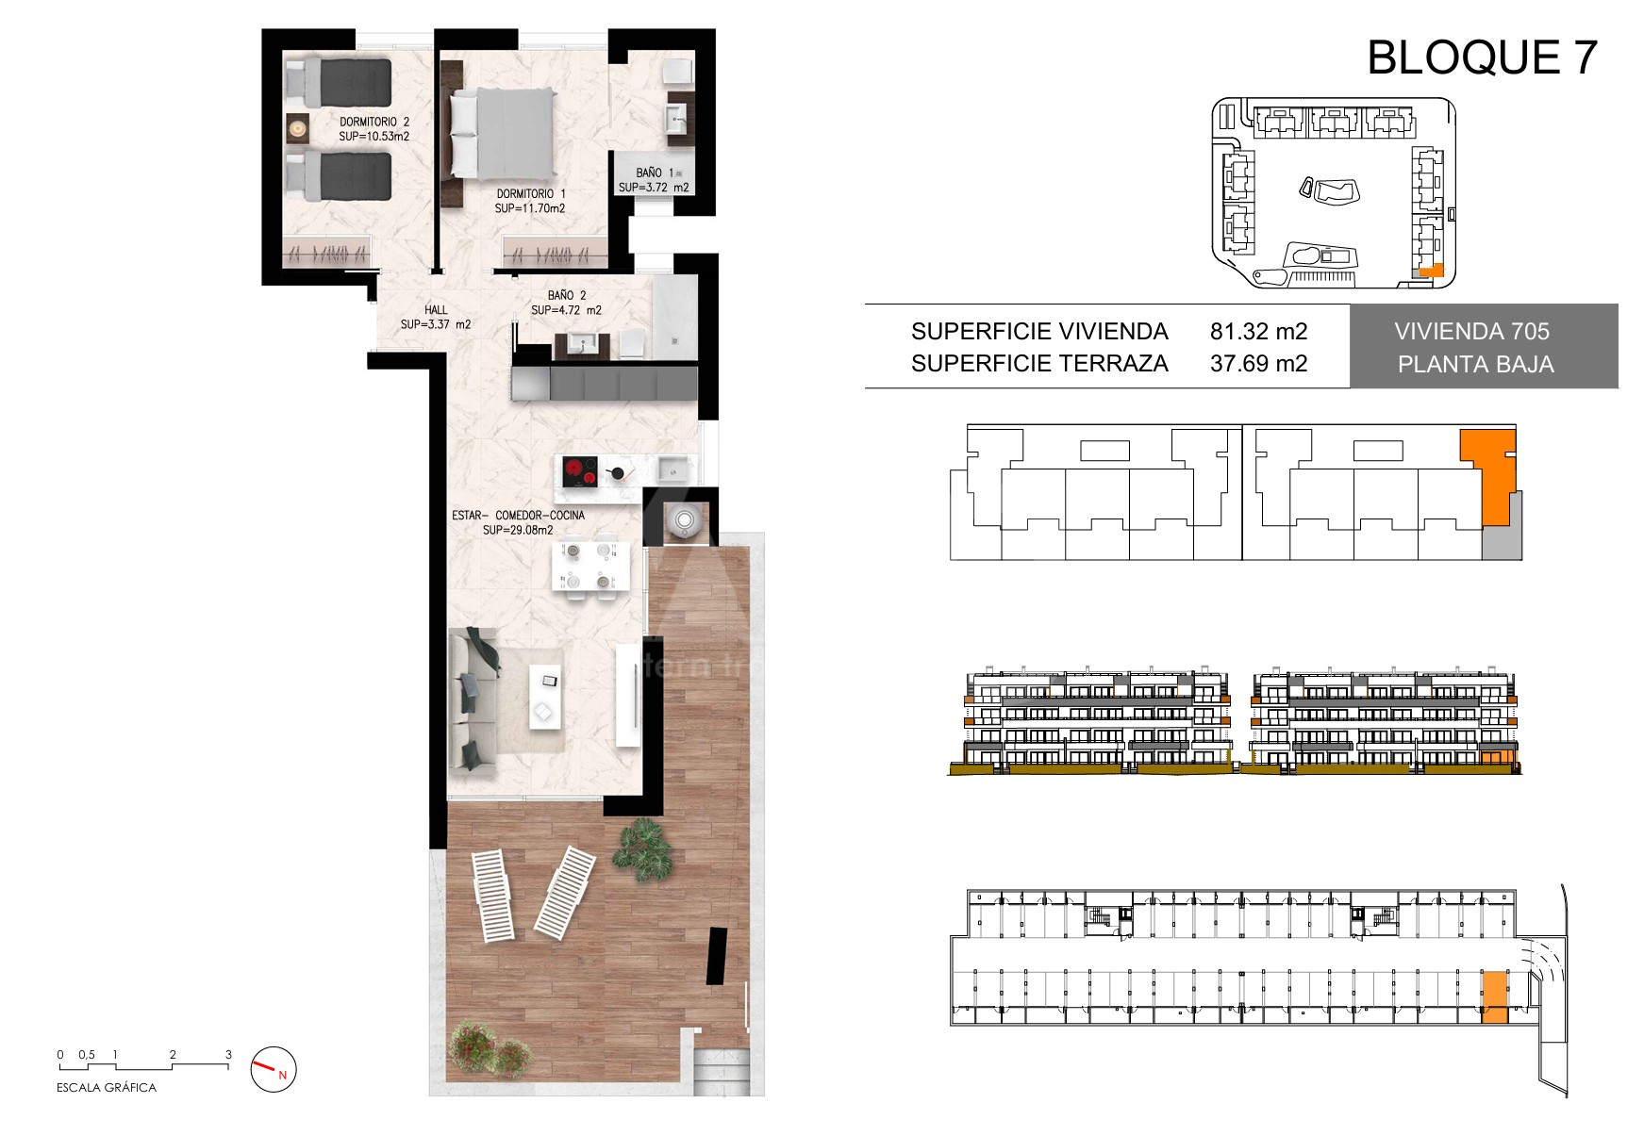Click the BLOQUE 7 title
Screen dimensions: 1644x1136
(1482, 58)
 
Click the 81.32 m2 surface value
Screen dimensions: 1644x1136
(1258, 331)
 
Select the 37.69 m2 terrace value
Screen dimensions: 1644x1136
(1258, 363)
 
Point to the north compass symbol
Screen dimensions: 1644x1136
(274, 1070)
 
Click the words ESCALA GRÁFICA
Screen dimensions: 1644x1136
(107, 1088)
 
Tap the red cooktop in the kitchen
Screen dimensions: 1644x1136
(579, 470)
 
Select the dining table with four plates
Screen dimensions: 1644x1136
(590, 564)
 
